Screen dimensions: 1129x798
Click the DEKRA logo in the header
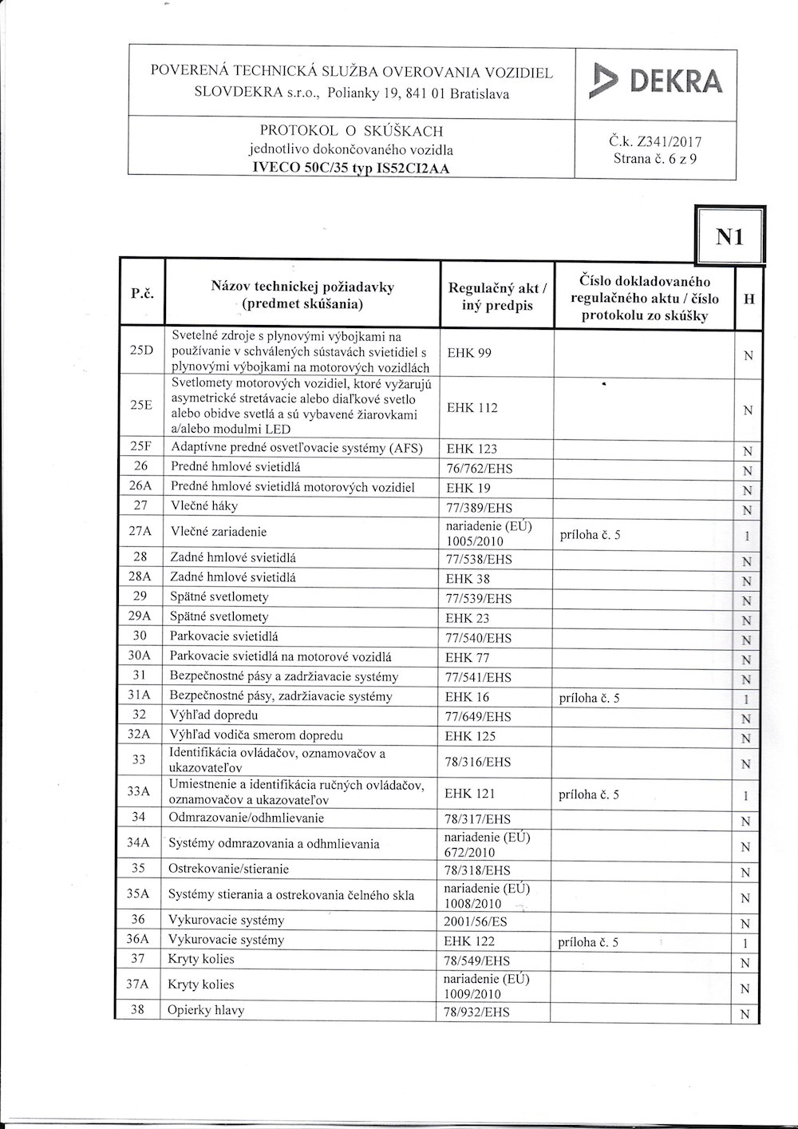[x=655, y=82]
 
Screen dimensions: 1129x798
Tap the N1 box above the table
[x=730, y=236]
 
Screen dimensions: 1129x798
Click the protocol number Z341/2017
[x=655, y=143]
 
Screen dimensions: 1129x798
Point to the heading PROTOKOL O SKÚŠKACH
[x=351, y=131]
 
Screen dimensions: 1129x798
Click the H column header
[x=748, y=299]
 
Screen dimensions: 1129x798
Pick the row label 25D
[x=141, y=351]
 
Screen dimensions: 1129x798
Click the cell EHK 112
[x=472, y=408]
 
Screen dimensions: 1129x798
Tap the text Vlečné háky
[x=204, y=505]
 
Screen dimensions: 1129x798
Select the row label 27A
[x=140, y=532]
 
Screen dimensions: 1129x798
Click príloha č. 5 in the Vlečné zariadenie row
[x=591, y=535]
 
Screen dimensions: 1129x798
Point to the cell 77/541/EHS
[x=477, y=678]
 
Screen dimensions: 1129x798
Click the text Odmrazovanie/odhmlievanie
[x=247, y=818]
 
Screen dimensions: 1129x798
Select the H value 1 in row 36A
[x=745, y=944]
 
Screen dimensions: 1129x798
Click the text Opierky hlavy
[x=206, y=1010]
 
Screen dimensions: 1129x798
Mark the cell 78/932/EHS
[x=476, y=1012]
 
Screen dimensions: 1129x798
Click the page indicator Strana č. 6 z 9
[x=655, y=159]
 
